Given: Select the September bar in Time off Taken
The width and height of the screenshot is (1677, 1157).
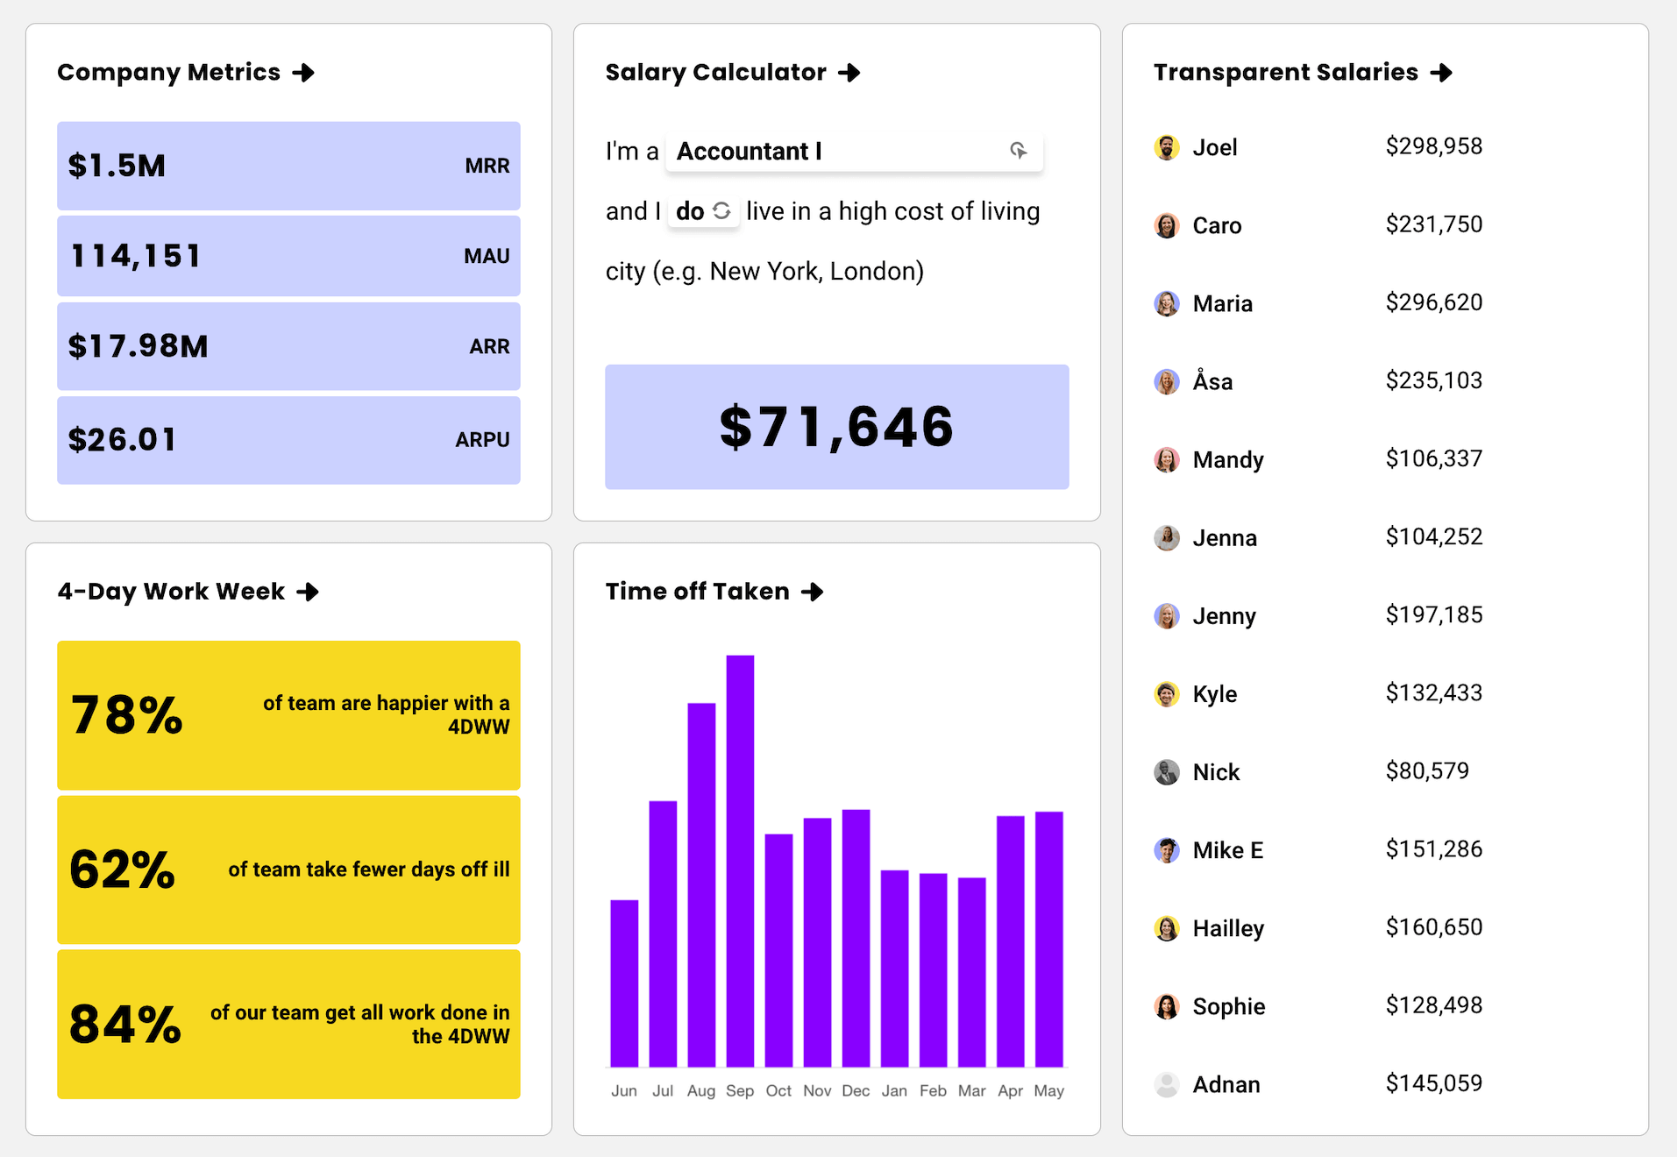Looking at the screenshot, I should tap(740, 859).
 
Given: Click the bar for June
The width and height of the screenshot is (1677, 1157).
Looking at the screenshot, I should tap(624, 982).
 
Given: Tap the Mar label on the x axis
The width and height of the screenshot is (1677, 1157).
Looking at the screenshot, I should tap(971, 1090).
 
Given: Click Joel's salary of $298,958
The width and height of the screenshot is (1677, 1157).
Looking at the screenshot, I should tap(1433, 146).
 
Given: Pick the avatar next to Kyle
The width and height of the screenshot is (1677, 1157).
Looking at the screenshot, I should tap(1166, 694).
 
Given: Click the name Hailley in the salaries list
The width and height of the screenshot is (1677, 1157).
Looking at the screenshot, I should tap(1227, 928).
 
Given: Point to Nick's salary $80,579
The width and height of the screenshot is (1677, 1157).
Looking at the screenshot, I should tap(1426, 771).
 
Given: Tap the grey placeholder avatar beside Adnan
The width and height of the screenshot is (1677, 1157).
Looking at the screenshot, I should tap(1166, 1084).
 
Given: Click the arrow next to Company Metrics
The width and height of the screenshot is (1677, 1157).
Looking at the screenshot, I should tap(303, 73).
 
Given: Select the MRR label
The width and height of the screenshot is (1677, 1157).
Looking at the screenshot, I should tap(487, 166).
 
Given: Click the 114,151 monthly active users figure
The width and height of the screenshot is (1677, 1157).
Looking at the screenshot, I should tap(136, 256).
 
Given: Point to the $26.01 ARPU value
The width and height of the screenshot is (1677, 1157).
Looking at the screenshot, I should tap(123, 439).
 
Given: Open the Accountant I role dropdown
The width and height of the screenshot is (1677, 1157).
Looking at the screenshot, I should tap(853, 152).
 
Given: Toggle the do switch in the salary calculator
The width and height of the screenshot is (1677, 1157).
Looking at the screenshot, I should tap(703, 211).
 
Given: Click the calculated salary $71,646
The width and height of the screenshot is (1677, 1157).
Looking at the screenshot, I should tap(836, 427).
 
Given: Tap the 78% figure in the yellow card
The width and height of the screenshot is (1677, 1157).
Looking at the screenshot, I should tap(127, 715).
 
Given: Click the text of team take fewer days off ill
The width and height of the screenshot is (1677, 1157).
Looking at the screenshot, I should tap(368, 870).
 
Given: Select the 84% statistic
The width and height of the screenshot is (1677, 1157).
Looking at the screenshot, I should tap(125, 1024).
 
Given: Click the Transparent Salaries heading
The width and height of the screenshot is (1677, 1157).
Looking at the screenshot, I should tap(1285, 73).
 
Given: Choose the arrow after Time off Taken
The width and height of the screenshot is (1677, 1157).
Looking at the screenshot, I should tap(813, 592).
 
